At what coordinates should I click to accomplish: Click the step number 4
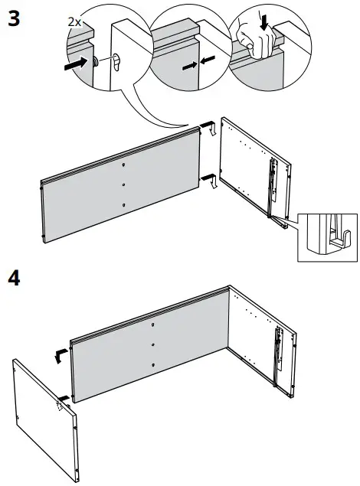[x=14, y=278]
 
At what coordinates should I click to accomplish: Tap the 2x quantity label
[x=74, y=22]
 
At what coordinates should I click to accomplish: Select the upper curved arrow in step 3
[x=207, y=131]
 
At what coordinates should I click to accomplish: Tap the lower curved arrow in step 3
[x=210, y=181]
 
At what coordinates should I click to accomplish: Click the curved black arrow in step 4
[x=57, y=354]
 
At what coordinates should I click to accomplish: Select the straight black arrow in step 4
[x=66, y=399]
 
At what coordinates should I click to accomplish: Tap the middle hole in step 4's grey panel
[x=152, y=345]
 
